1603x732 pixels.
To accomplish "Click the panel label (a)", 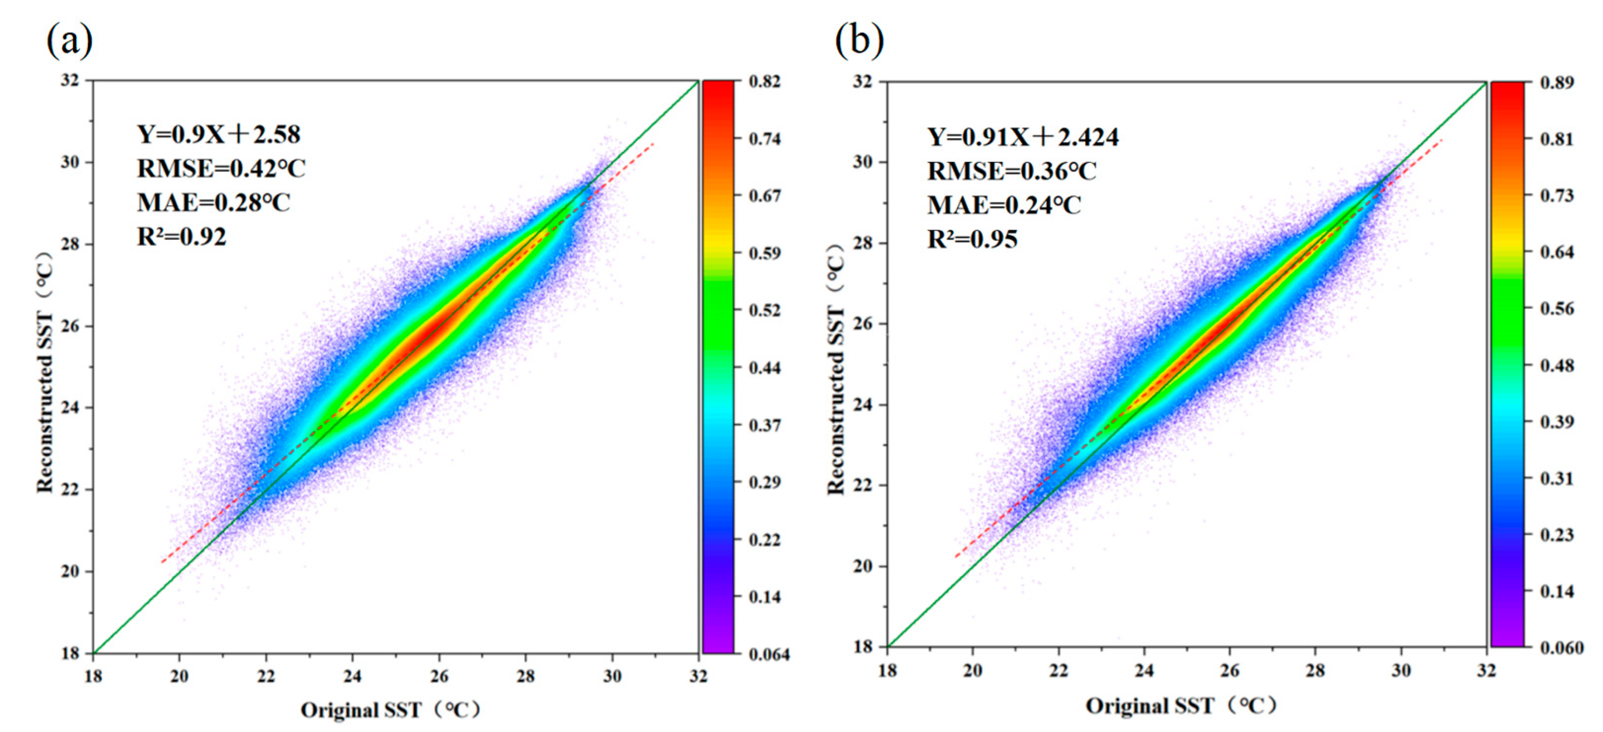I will [x=70, y=41].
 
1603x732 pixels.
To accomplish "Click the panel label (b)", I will [x=859, y=41].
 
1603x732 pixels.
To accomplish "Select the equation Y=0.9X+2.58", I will [x=218, y=134].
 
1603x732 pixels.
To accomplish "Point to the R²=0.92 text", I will [x=182, y=237].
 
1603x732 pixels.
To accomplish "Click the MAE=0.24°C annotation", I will [x=1004, y=205].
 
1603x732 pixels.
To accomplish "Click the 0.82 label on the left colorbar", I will [x=764, y=82].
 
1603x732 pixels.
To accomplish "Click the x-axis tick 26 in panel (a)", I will [x=439, y=676].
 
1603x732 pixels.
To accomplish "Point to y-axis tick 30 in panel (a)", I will [x=70, y=162].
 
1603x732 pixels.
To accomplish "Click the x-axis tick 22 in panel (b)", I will [x=1058, y=670].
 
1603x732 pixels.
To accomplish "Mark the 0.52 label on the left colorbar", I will [x=764, y=310].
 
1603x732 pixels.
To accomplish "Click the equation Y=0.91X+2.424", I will [x=1022, y=137].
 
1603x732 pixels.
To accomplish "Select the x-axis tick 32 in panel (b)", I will [x=1486, y=670].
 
